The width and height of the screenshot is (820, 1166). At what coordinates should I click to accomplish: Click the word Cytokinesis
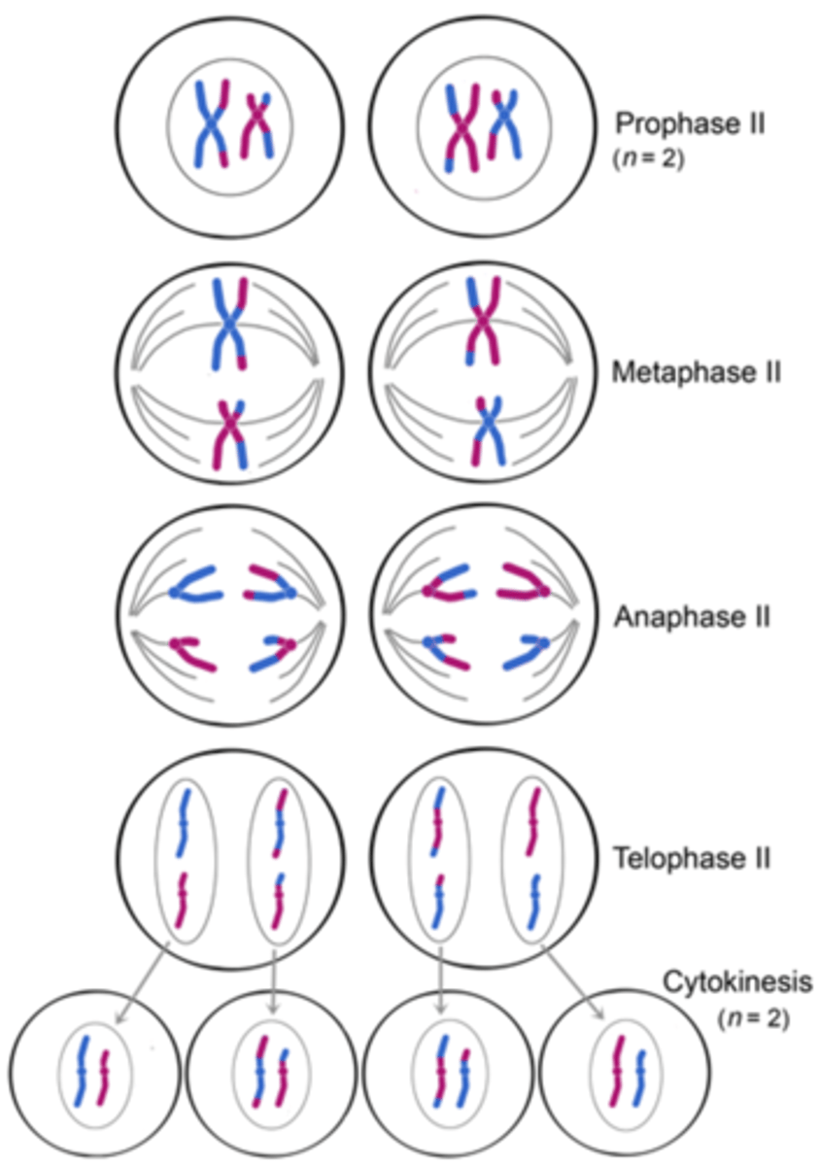736,981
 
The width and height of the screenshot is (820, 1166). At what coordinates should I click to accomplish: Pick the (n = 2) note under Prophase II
648,158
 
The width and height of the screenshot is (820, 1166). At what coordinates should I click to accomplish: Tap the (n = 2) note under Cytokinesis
752,1019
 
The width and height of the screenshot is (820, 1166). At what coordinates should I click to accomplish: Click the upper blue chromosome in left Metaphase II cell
229,324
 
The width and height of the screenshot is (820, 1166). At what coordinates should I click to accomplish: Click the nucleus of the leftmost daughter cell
95,1074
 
